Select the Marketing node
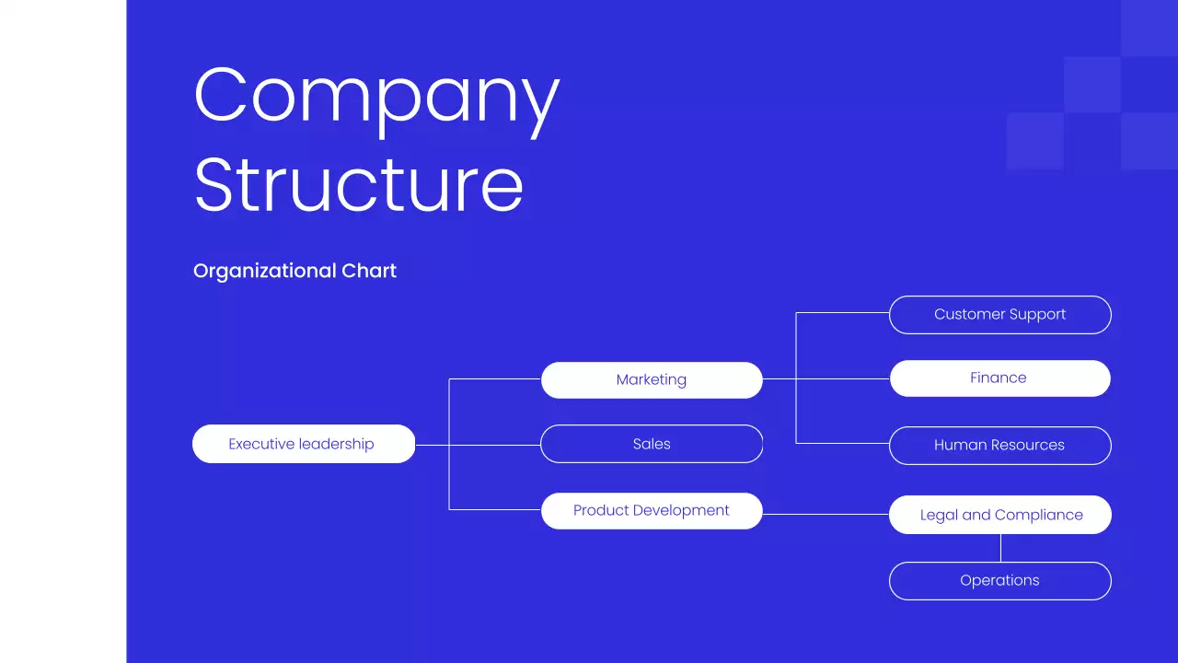[652, 379]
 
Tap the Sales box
[652, 444]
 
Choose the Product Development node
[652, 510]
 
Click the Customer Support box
[999, 314]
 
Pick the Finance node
[999, 378]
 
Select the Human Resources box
[999, 445]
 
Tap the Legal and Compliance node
[999, 515]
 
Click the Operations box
[999, 580]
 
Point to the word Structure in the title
[359, 185]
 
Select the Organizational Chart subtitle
[294, 271]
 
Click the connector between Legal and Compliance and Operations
[1000, 548]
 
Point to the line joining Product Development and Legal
[826, 514]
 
